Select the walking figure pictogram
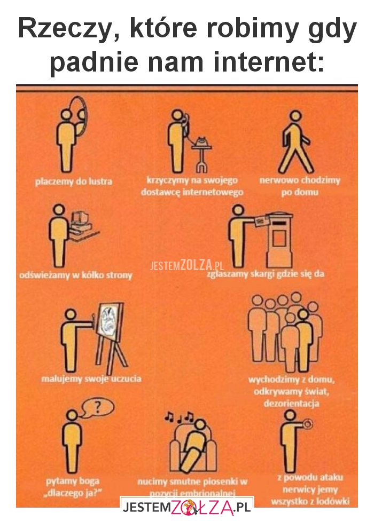295,141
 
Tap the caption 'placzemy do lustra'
74,181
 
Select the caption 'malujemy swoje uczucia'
91,379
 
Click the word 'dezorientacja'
291,403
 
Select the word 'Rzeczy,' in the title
62,30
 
